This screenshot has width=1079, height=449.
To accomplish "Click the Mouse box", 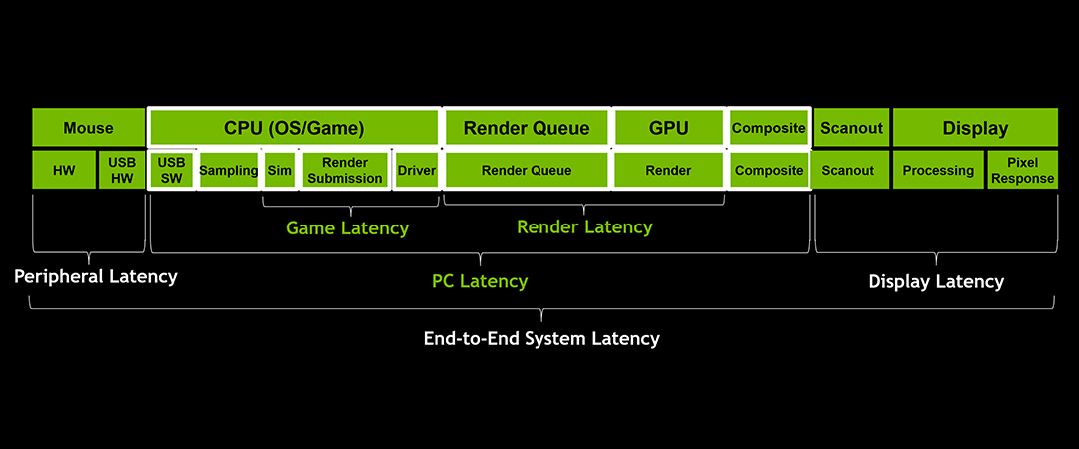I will (88, 128).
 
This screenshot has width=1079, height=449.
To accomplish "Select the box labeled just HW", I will (63, 171).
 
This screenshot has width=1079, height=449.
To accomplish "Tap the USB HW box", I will (121, 171).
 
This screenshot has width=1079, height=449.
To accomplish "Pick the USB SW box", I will (172, 171).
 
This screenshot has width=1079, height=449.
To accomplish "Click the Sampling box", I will (229, 171).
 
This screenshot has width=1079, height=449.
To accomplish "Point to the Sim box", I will (280, 171).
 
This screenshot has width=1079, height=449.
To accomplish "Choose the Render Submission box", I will (345, 171).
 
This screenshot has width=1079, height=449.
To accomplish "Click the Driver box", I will (416, 171).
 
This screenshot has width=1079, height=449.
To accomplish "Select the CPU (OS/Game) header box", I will (294, 128).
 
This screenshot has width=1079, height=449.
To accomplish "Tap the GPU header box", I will (668, 128).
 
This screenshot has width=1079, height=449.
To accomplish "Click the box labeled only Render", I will (668, 171).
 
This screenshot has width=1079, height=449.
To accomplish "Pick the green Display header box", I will (975, 128).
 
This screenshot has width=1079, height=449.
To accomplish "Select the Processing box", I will (938, 171).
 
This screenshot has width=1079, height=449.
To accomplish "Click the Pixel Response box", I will (1022, 171).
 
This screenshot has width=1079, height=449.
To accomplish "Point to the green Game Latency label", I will (347, 228).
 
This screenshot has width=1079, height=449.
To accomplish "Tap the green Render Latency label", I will (584, 227).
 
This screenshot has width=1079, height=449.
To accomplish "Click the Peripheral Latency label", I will (95, 276).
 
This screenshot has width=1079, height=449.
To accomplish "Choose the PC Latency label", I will (480, 281).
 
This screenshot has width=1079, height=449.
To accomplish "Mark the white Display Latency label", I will (936, 281).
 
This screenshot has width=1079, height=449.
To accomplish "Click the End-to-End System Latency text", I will (541, 338).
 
